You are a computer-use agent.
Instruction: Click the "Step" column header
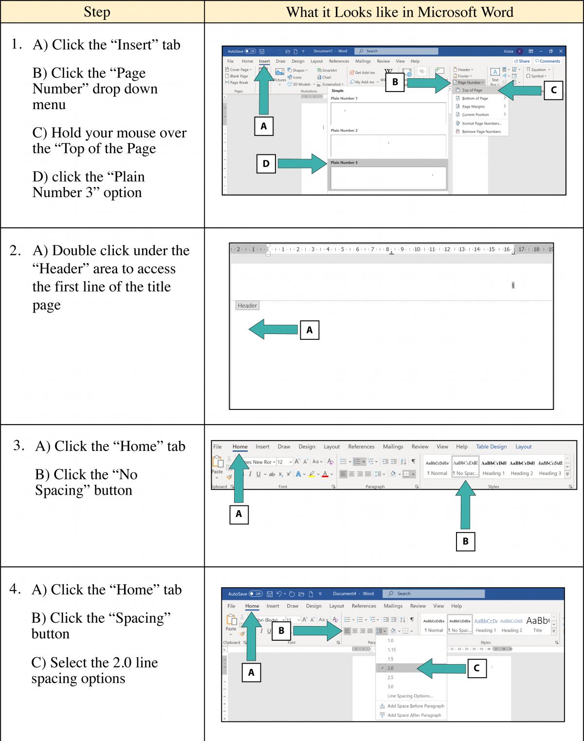pos(97,12)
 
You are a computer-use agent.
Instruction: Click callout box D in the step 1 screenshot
pos(266,164)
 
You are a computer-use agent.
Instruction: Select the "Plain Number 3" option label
pos(344,163)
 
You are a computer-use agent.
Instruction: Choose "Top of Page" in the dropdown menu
pos(472,90)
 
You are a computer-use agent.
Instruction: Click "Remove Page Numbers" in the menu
pos(481,131)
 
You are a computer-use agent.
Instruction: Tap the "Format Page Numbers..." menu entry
pos(481,123)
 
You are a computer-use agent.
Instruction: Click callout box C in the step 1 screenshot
pos(553,90)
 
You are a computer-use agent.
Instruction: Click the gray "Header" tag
pos(247,306)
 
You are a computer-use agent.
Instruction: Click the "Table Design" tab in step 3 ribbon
pos(491,446)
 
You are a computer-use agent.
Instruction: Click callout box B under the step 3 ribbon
pos(465,541)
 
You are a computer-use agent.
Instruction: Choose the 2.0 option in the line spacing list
pos(391,668)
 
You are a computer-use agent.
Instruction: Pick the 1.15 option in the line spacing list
pos(392,649)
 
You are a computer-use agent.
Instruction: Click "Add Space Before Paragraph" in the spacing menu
pos(416,706)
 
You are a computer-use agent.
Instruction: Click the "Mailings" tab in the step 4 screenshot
pos(393,606)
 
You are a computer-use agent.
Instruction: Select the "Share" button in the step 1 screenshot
pos(522,61)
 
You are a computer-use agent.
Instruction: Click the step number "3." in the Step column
pos(19,445)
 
